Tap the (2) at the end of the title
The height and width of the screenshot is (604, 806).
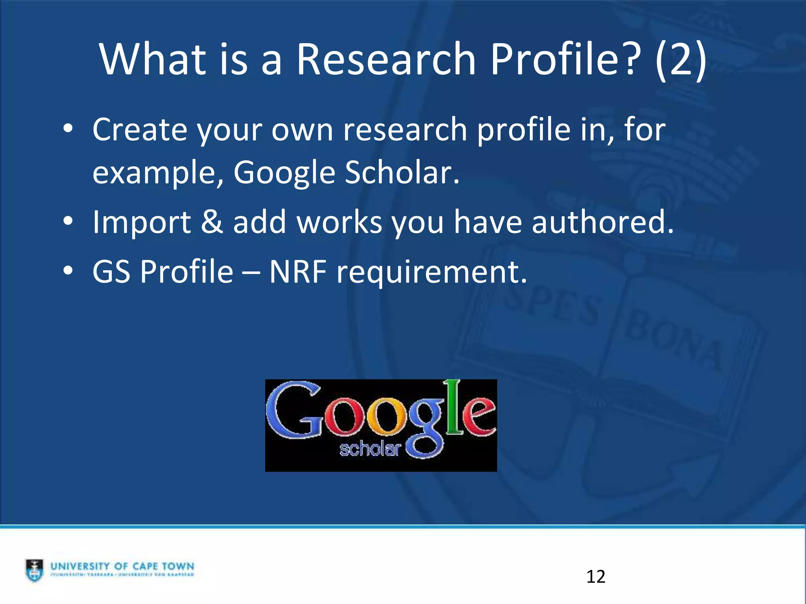coord(681,60)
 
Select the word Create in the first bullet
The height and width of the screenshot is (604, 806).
coord(140,130)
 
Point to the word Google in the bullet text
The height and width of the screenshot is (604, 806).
coord(284,174)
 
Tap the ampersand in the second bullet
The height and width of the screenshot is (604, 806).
coord(212,222)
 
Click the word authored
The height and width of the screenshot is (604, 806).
coord(603,222)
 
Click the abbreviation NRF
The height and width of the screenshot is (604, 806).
coord(298,272)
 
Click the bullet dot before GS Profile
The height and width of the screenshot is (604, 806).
coord(68,271)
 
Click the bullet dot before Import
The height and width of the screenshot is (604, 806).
coord(68,221)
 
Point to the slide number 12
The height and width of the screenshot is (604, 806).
coord(595,577)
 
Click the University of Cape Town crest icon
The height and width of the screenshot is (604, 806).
coord(35,570)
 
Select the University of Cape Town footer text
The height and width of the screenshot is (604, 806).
coord(122,567)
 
